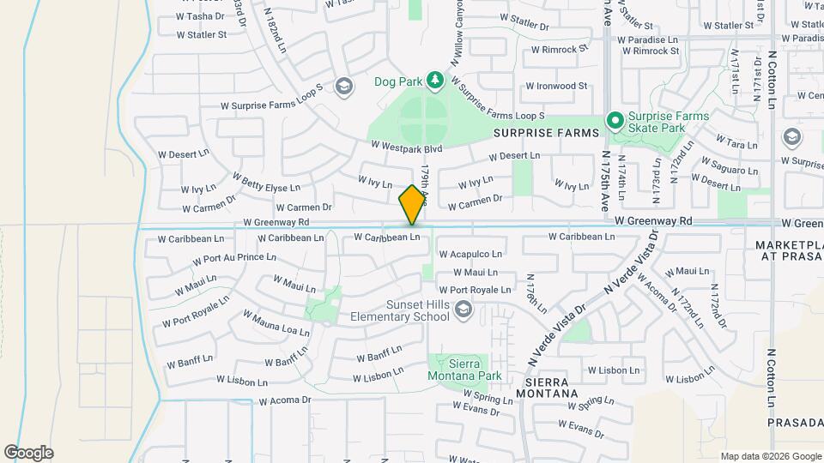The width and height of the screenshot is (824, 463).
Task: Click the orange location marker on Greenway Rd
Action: click(x=412, y=204)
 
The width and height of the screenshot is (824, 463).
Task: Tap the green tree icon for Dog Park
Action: click(x=435, y=81)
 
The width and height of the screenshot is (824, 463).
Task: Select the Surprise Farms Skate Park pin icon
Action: click(x=615, y=121)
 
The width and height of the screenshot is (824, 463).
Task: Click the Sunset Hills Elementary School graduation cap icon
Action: click(x=463, y=309)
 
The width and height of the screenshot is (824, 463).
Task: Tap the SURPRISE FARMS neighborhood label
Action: click(x=545, y=134)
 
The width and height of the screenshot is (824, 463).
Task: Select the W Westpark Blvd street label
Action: click(x=406, y=148)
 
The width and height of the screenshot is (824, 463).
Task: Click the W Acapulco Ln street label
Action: click(x=470, y=255)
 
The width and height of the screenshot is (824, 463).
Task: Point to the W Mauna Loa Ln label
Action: click(x=276, y=323)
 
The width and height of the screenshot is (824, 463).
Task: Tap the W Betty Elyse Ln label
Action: click(x=267, y=183)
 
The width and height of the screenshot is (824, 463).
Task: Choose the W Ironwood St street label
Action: click(x=556, y=86)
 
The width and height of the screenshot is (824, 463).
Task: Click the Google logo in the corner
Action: click(x=28, y=453)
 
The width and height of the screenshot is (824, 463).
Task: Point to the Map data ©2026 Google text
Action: click(x=769, y=456)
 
